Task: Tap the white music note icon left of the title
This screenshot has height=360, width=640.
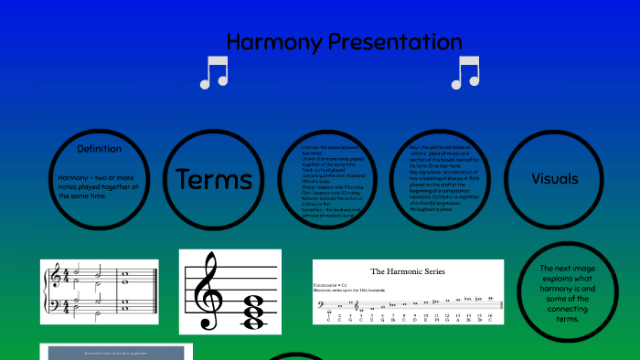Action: [213, 73]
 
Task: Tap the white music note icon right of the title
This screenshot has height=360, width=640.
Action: [464, 73]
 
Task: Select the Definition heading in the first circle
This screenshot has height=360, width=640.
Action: [100, 149]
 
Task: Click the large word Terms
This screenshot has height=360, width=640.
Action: [214, 179]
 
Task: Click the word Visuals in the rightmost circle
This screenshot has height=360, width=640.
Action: [555, 179]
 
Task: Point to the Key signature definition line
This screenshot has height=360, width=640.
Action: [447, 171]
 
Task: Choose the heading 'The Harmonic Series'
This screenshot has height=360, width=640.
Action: [407, 271]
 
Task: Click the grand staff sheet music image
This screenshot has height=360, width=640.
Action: [99, 291]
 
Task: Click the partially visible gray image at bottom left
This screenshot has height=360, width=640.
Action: [116, 352]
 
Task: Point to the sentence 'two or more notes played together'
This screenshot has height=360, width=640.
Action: [98, 185]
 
